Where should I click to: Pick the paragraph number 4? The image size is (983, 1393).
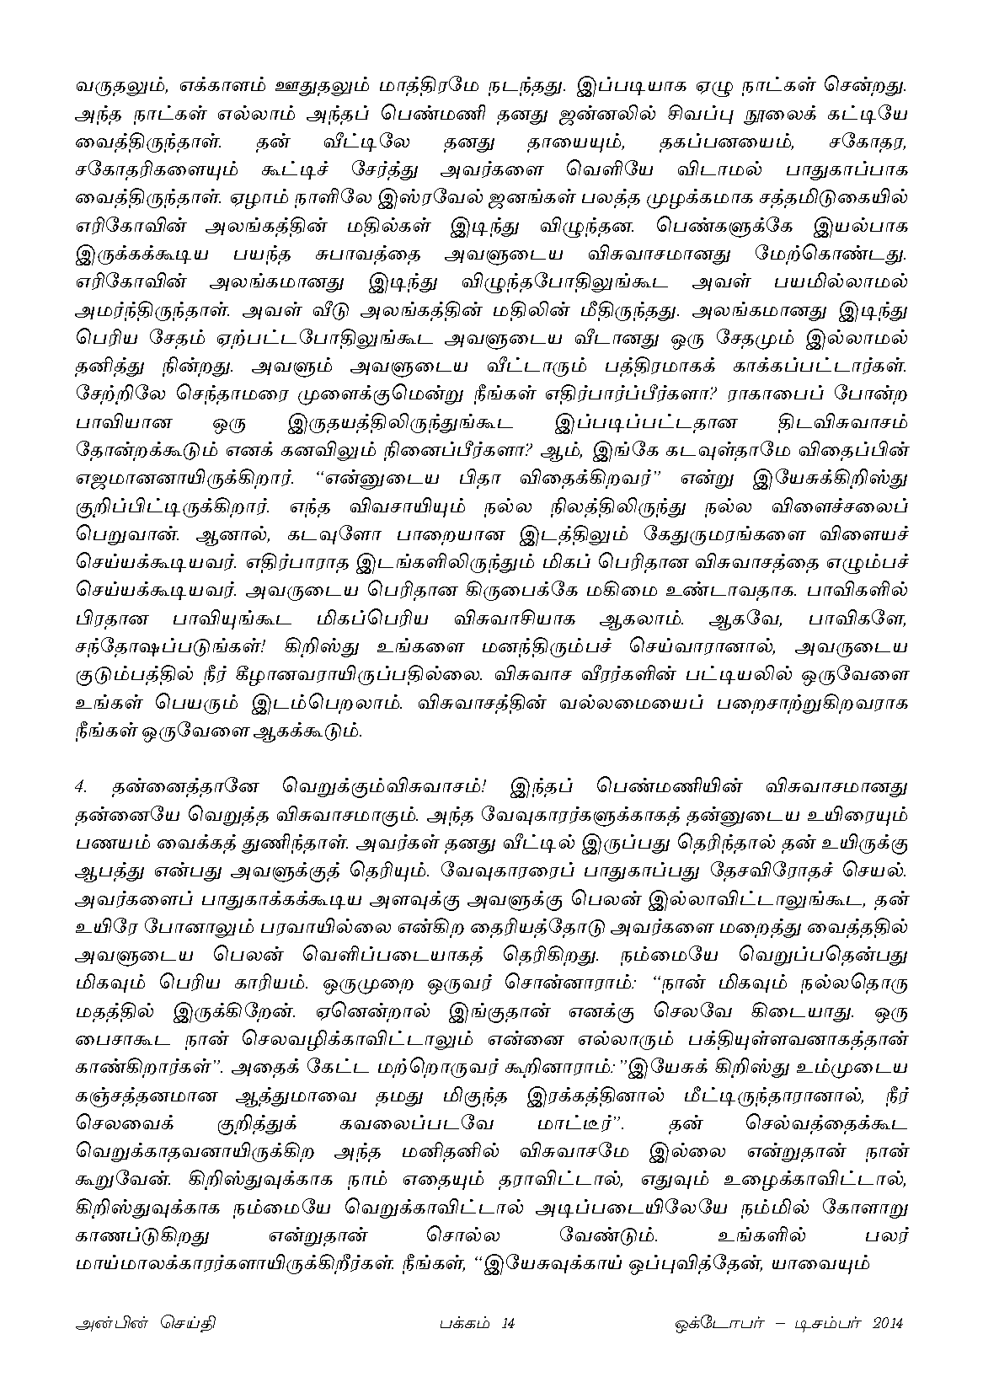coord(81,787)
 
